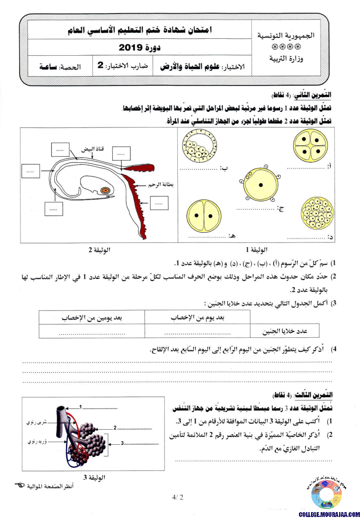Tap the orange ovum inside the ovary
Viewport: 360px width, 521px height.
[x=106, y=190]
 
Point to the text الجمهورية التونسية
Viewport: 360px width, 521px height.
[x=286, y=36]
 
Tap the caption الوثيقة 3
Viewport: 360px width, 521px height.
[x=94, y=478]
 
